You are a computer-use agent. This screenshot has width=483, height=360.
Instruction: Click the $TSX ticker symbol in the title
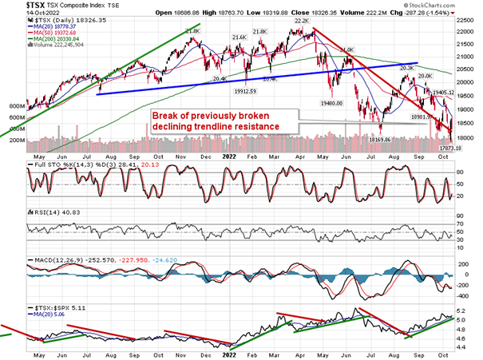tap(13, 6)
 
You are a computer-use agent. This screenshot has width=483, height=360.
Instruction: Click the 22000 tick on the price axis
tap(468, 32)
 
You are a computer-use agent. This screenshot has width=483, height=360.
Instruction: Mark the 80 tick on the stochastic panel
tap(462, 171)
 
